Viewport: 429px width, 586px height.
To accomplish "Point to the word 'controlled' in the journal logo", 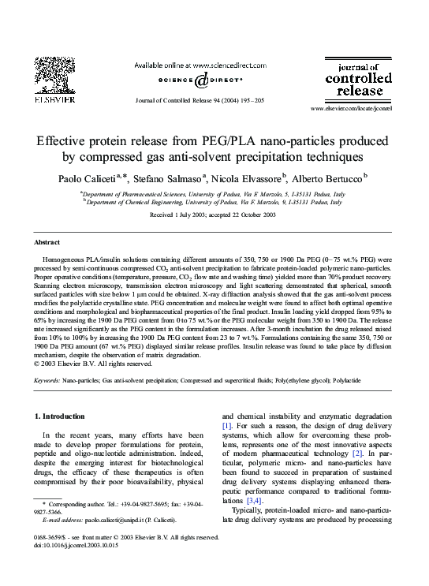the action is (x=359, y=79).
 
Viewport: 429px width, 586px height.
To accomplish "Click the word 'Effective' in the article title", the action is (x=65, y=141).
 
